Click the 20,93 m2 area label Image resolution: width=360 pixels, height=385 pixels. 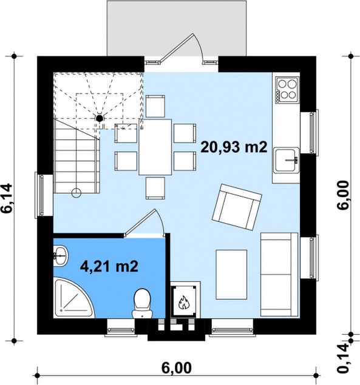(234, 147)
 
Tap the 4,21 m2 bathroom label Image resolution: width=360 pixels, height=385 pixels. (109, 266)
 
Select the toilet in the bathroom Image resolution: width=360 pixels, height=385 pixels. (142, 304)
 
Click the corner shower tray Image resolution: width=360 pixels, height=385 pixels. (73, 298)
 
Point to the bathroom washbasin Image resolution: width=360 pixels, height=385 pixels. (60, 256)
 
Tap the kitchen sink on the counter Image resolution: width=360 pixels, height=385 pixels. (287, 160)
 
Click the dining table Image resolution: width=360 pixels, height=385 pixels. (155, 147)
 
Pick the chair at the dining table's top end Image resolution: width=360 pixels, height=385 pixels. (155, 106)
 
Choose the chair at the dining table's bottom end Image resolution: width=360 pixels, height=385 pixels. (155, 188)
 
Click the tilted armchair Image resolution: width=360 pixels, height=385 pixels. (237, 207)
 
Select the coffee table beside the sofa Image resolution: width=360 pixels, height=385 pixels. (231, 275)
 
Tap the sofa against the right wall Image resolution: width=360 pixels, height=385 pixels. (279, 275)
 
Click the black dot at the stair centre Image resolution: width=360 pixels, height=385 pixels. (100, 118)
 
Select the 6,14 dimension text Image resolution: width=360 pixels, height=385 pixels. (7, 198)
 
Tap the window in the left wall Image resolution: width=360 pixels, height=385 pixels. (41, 195)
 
